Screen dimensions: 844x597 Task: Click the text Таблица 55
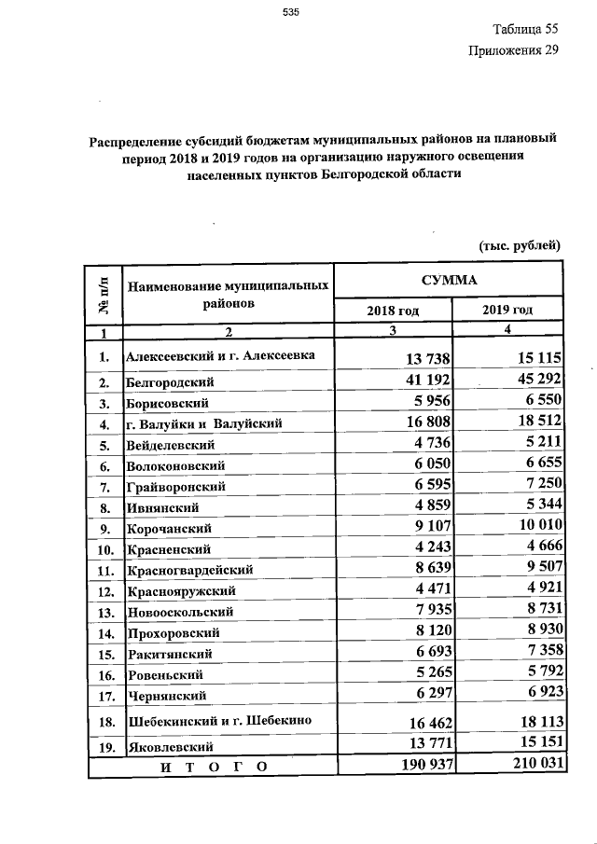(524, 29)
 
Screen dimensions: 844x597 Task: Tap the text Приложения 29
(513, 50)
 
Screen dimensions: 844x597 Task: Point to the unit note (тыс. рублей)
(518, 245)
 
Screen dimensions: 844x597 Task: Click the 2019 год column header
(507, 310)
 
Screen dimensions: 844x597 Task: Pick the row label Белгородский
(170, 382)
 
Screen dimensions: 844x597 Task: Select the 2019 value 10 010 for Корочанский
(529, 528)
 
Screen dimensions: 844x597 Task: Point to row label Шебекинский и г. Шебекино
(217, 721)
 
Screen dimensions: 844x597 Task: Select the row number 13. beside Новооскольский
(105, 612)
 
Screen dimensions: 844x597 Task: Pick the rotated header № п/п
(104, 292)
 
